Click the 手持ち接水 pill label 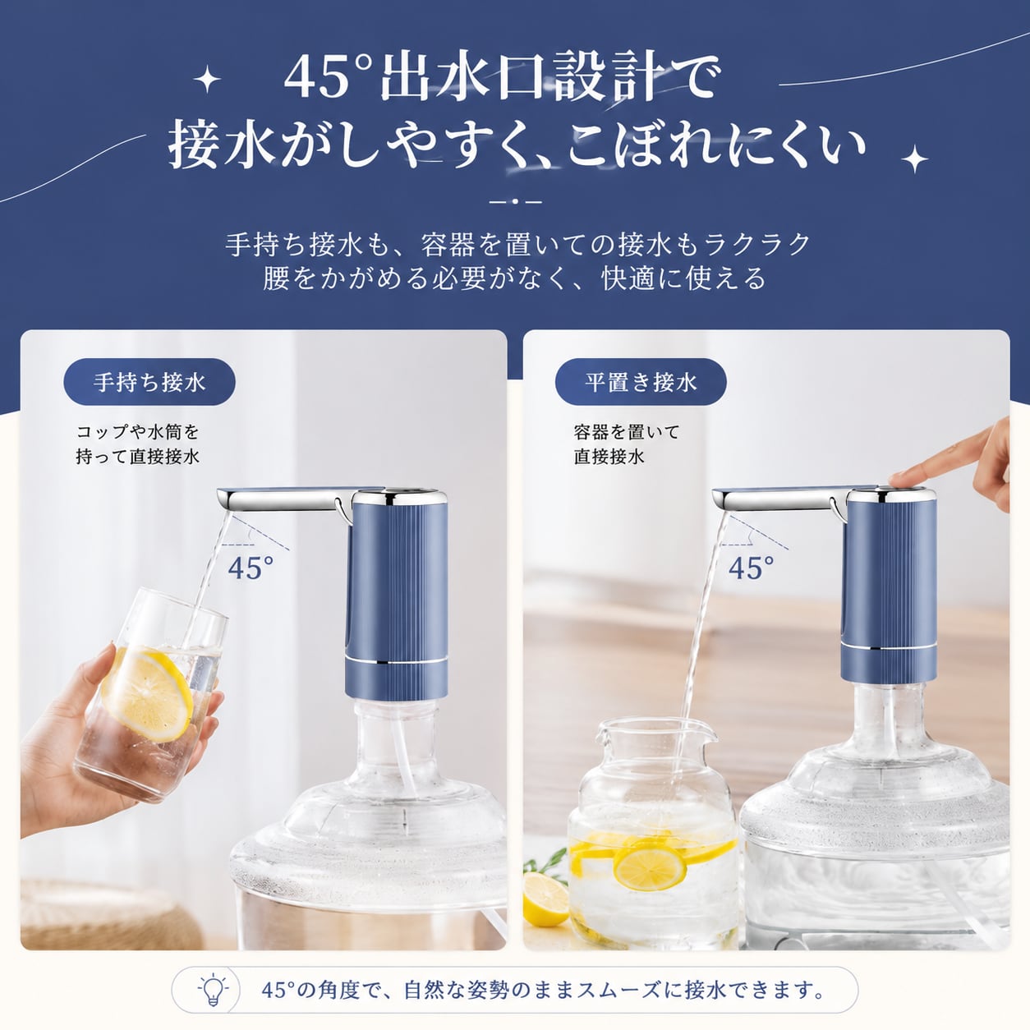[149, 382]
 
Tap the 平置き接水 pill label [641, 382]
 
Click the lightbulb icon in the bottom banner [213, 990]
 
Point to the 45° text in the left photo [251, 568]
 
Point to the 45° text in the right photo [751, 568]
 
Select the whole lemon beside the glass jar [545, 899]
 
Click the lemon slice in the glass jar [650, 867]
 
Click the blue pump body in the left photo [397, 599]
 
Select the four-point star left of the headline [207, 80]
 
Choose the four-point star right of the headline [914, 159]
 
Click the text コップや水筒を [138, 432]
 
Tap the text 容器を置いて [627, 432]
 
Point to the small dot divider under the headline [515, 202]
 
